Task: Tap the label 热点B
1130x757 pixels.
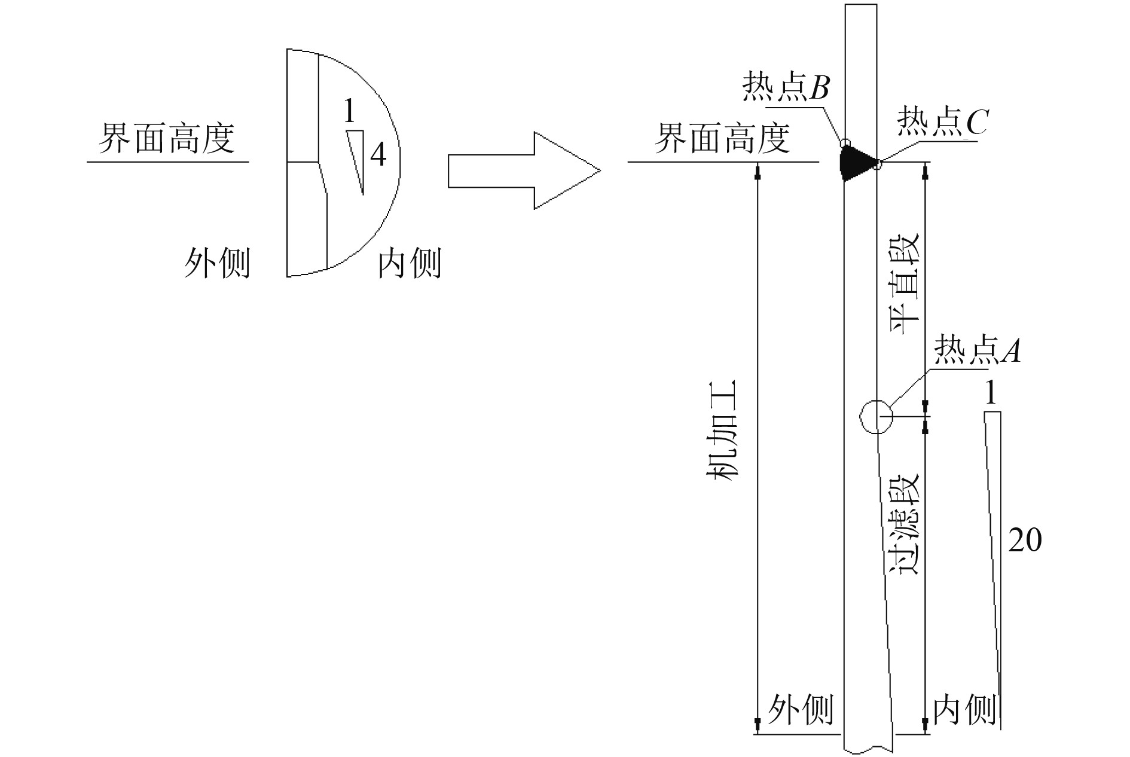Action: (x=786, y=88)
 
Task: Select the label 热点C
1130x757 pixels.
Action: (x=942, y=123)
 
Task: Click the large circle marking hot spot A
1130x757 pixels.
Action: (x=876, y=416)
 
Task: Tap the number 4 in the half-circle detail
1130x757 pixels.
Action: (x=378, y=155)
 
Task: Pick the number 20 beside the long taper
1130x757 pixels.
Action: (x=1025, y=541)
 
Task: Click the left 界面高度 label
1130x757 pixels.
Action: (x=167, y=139)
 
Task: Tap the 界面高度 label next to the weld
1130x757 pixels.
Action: (x=722, y=139)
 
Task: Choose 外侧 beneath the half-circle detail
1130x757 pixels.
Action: (x=216, y=263)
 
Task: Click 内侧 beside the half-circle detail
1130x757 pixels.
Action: (x=410, y=263)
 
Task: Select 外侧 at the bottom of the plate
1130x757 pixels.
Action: (x=801, y=710)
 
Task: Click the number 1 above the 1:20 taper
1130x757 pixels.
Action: (x=991, y=393)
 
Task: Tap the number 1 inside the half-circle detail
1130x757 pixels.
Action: (x=349, y=111)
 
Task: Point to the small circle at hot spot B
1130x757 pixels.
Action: (x=844, y=144)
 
